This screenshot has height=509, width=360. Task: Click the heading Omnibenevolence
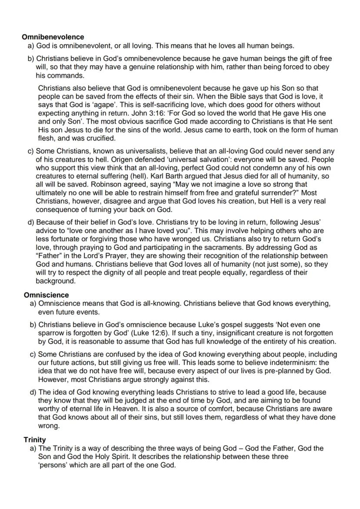(x=53, y=37)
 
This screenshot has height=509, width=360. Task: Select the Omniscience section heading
(x=46, y=295)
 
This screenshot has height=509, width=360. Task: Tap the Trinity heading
(x=35, y=440)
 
